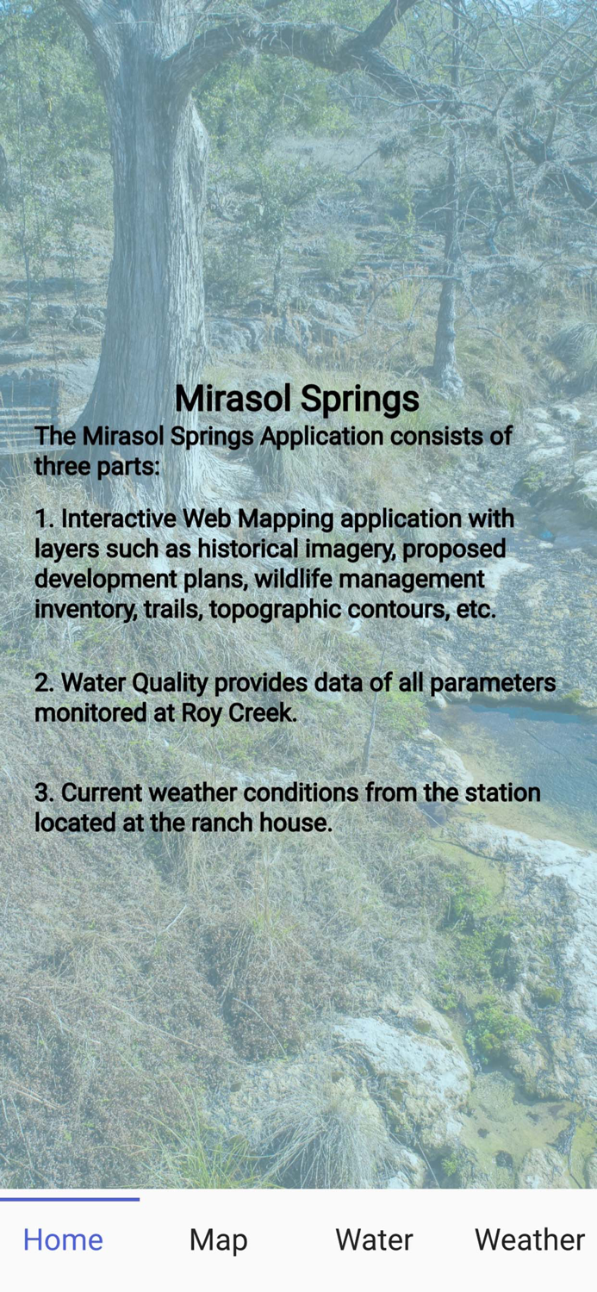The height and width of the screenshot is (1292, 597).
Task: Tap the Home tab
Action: (63, 1239)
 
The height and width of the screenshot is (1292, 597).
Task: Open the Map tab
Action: (218, 1239)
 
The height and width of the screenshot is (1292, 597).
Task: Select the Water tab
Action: (374, 1239)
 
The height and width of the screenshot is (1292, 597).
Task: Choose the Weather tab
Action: (529, 1239)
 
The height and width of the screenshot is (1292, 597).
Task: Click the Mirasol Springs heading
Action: (297, 399)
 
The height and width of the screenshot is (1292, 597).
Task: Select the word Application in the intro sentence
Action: (322, 437)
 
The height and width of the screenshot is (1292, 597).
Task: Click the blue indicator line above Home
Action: (70, 1199)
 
